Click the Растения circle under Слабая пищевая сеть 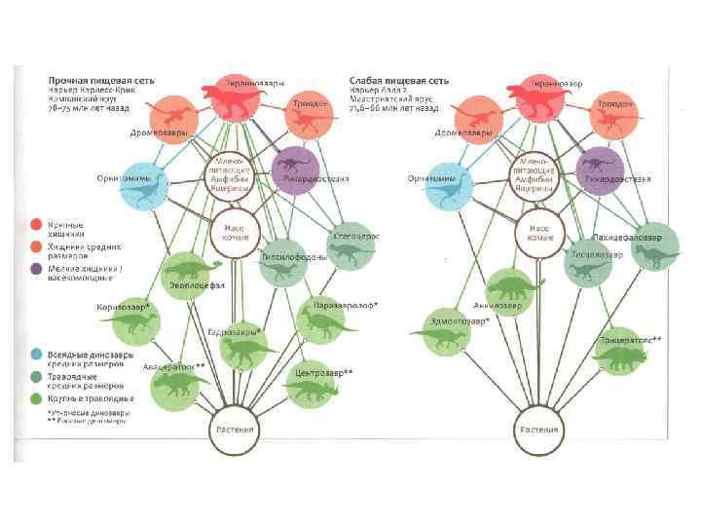539,431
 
